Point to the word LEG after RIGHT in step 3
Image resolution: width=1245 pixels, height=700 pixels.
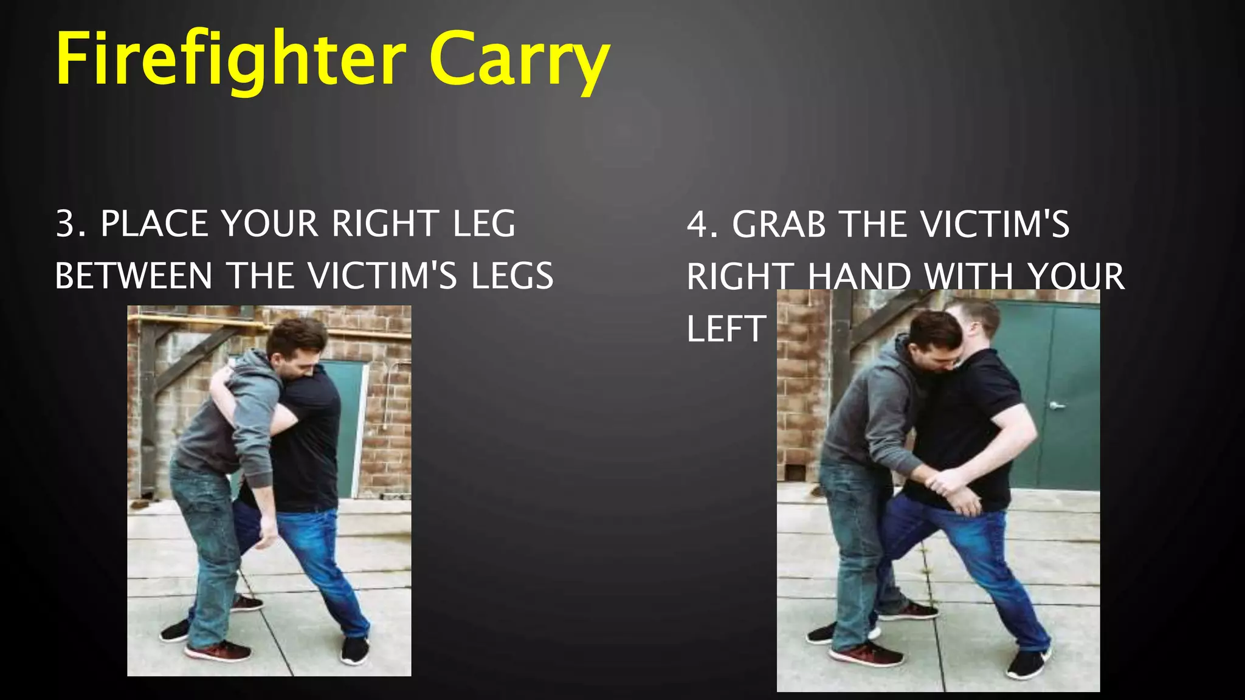click(x=484, y=223)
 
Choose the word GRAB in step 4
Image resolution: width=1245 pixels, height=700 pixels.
click(x=779, y=224)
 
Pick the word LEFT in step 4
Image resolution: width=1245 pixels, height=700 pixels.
click(x=726, y=329)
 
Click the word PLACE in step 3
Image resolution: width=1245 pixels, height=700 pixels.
click(x=156, y=223)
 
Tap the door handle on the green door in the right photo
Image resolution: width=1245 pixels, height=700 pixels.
click(x=1057, y=405)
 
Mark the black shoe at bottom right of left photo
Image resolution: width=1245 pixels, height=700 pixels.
click(x=355, y=650)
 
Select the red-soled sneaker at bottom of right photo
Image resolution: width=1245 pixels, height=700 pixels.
click(x=866, y=655)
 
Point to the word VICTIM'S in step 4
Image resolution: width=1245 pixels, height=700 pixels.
click(x=995, y=224)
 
